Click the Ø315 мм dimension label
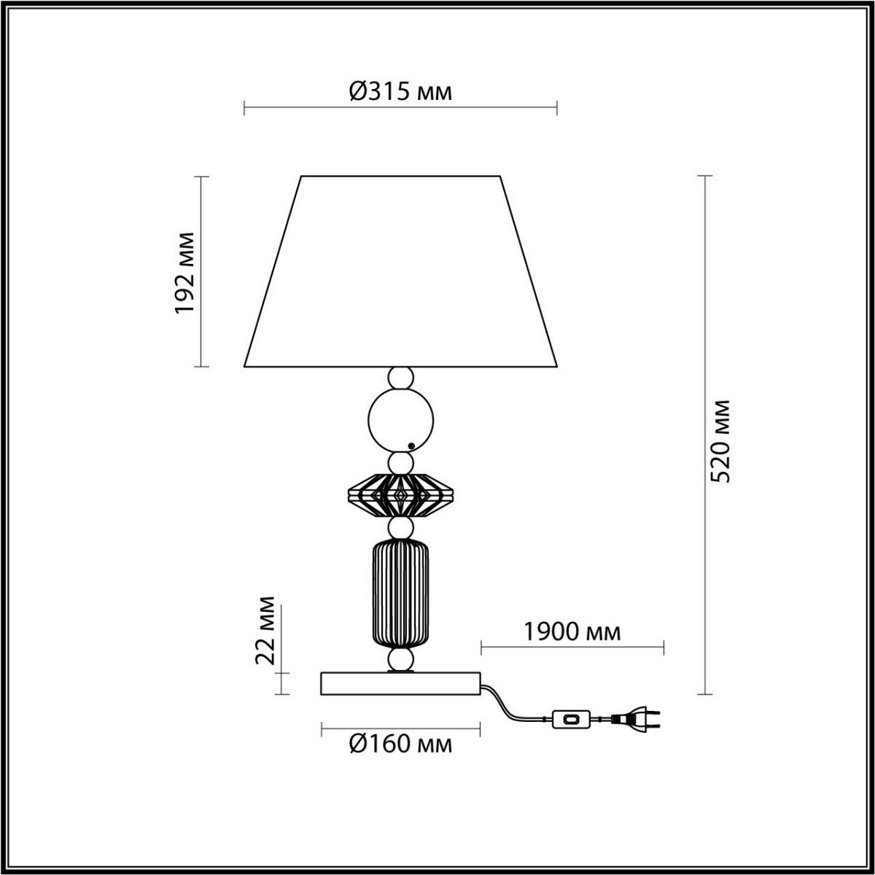[x=400, y=91]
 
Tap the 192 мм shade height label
[x=186, y=272]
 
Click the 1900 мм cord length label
[x=572, y=631]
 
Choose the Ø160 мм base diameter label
[x=400, y=744]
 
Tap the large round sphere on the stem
[x=400, y=421]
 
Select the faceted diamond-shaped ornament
[x=400, y=495]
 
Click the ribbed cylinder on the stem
[x=400, y=593]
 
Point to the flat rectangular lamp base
[x=400, y=683]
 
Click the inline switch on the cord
[x=571, y=720]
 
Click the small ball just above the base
[x=400, y=661]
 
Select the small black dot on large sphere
[x=412, y=446]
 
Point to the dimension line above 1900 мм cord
[x=572, y=647]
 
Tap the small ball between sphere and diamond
[x=400, y=462]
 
